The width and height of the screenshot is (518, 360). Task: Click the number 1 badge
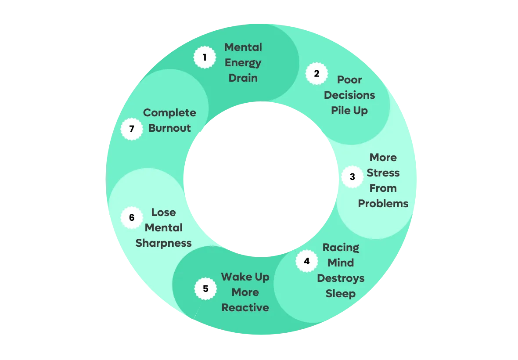pyautogui.click(x=205, y=57)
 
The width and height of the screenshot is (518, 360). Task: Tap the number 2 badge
pyautogui.click(x=317, y=74)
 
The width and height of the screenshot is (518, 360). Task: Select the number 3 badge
pyautogui.click(x=352, y=177)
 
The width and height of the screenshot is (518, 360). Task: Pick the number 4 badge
pyautogui.click(x=306, y=261)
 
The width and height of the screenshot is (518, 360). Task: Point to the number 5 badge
pyautogui.click(x=205, y=289)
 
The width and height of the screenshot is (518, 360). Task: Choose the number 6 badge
pyautogui.click(x=132, y=217)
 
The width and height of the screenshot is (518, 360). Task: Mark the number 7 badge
pyautogui.click(x=132, y=130)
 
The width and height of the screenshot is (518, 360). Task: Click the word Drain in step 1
pyautogui.click(x=243, y=78)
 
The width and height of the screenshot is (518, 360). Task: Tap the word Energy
pyautogui.click(x=243, y=63)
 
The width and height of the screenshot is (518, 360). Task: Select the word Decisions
pyautogui.click(x=350, y=95)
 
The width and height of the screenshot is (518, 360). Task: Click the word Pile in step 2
pyautogui.click(x=340, y=111)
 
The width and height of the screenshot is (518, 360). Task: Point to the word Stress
pyautogui.click(x=383, y=173)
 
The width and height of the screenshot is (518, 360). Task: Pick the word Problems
pyautogui.click(x=383, y=204)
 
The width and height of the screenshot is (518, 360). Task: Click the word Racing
pyautogui.click(x=341, y=248)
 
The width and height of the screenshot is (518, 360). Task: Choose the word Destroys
pyautogui.click(x=341, y=278)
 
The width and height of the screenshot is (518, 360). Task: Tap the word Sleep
pyautogui.click(x=341, y=294)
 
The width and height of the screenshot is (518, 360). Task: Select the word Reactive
pyautogui.click(x=245, y=308)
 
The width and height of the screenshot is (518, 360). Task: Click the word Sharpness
pyautogui.click(x=164, y=243)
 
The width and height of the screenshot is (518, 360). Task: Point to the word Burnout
pyautogui.click(x=170, y=128)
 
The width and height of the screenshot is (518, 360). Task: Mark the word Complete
pyautogui.click(x=169, y=113)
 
